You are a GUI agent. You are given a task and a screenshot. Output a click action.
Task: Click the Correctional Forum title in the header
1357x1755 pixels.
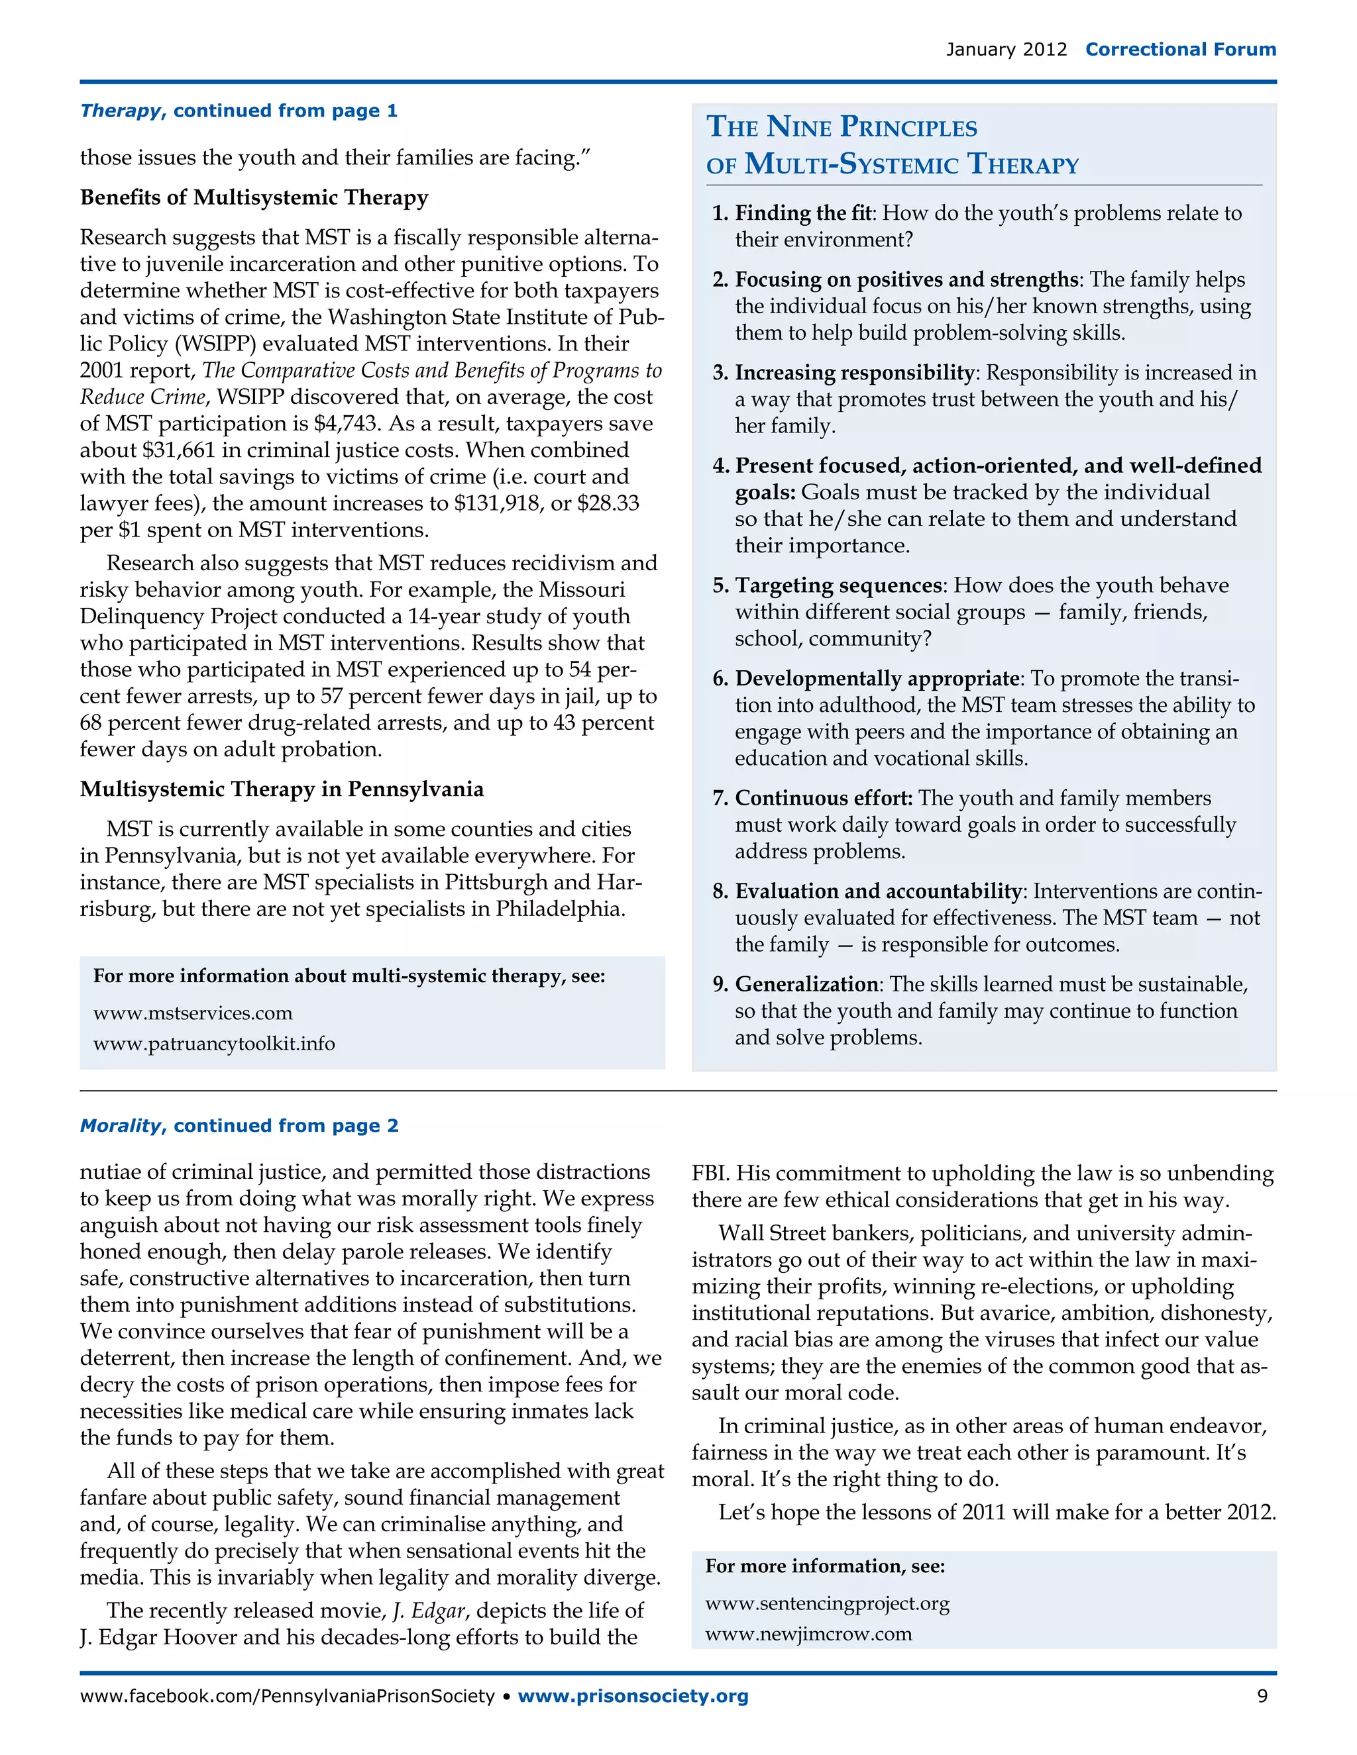click(1180, 50)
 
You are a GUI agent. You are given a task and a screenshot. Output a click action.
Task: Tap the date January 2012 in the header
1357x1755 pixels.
click(1006, 50)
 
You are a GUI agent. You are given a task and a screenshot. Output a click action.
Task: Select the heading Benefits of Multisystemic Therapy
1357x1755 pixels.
click(254, 197)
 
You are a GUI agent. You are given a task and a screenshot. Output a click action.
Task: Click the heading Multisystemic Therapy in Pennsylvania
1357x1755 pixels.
click(282, 789)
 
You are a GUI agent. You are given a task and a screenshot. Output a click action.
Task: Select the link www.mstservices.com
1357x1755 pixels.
click(193, 1013)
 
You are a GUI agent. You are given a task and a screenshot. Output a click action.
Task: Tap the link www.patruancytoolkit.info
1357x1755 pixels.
click(214, 1044)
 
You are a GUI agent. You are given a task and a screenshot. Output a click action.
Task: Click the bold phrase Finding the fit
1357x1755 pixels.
click(803, 213)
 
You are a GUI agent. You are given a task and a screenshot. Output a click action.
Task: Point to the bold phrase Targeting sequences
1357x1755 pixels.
click(838, 585)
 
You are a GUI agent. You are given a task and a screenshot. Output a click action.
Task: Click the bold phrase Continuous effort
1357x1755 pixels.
click(823, 798)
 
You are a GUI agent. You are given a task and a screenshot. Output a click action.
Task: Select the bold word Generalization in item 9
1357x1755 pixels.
click(806, 984)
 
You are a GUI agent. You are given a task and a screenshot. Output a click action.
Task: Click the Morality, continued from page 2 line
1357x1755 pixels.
click(239, 1126)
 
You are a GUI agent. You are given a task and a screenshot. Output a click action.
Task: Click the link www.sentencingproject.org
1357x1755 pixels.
click(827, 1605)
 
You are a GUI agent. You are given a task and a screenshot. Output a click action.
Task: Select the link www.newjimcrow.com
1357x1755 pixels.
click(808, 1634)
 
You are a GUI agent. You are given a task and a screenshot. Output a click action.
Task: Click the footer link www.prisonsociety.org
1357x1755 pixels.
click(633, 1696)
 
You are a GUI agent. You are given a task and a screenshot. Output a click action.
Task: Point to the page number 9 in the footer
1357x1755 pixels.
click(1262, 1696)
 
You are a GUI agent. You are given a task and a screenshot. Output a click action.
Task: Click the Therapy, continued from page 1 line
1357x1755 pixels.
click(239, 111)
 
